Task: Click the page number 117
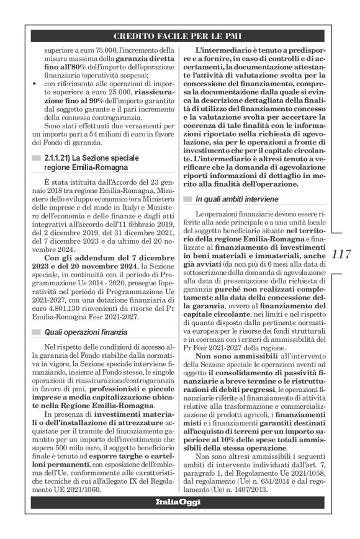pyautogui.click(x=342, y=254)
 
